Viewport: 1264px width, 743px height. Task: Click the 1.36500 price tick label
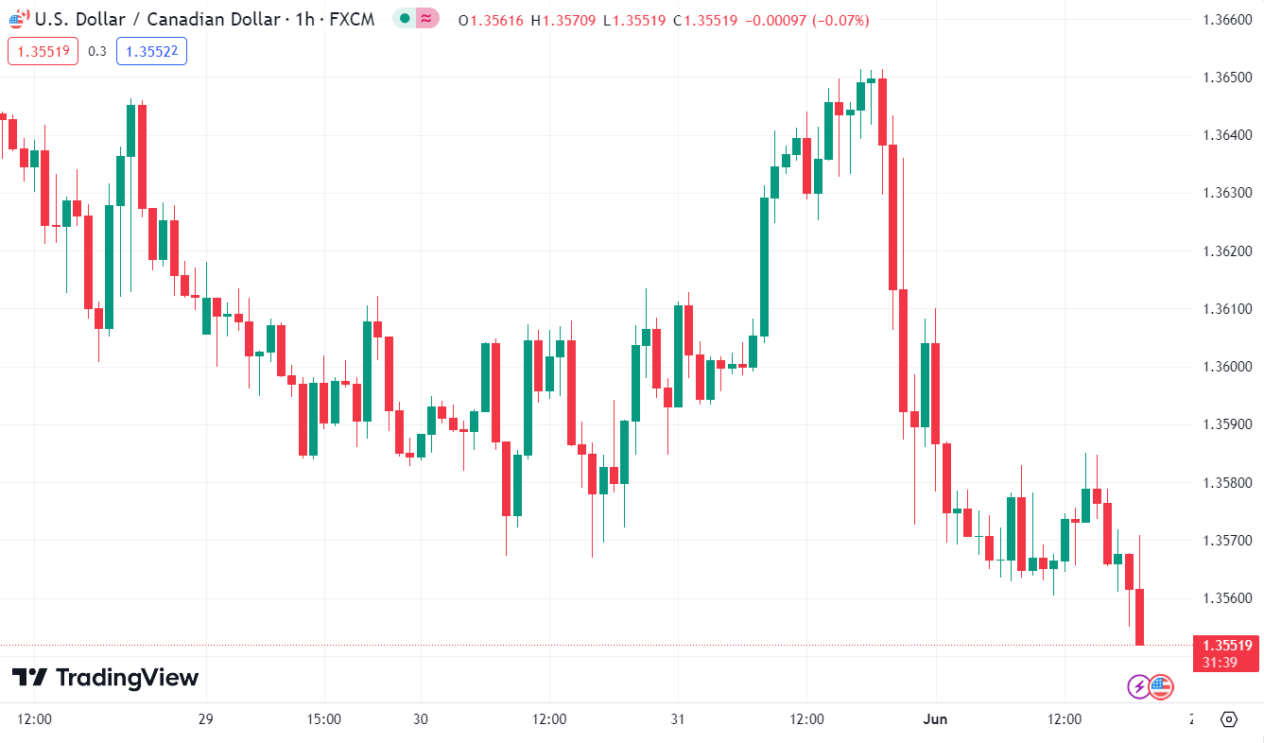(x=1226, y=78)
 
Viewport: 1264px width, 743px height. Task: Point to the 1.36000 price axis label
(x=1226, y=367)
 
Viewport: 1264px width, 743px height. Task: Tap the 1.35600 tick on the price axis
(x=1226, y=598)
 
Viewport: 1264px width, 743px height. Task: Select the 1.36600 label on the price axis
(x=1226, y=20)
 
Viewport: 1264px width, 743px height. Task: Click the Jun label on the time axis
(x=935, y=719)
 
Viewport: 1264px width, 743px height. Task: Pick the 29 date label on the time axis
(x=206, y=719)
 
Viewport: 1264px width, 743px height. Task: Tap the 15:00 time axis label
(x=324, y=719)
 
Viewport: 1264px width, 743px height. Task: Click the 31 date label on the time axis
(x=677, y=719)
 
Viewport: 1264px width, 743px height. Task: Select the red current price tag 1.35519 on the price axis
(x=1227, y=646)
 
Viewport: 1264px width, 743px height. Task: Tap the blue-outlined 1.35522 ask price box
(x=151, y=51)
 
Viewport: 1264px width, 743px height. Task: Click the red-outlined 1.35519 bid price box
(x=43, y=51)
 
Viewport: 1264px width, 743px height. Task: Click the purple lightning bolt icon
(x=1139, y=687)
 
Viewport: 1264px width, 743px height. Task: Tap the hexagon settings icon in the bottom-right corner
(x=1228, y=719)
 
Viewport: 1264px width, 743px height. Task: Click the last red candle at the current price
(x=1140, y=616)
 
